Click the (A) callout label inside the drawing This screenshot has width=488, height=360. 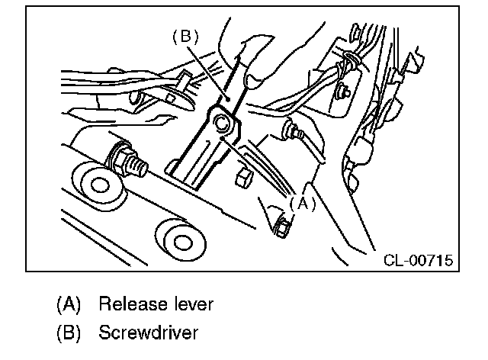301,204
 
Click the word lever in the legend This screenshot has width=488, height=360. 194,304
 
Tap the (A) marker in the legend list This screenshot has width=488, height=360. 69,304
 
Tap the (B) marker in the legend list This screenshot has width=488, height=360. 69,333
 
